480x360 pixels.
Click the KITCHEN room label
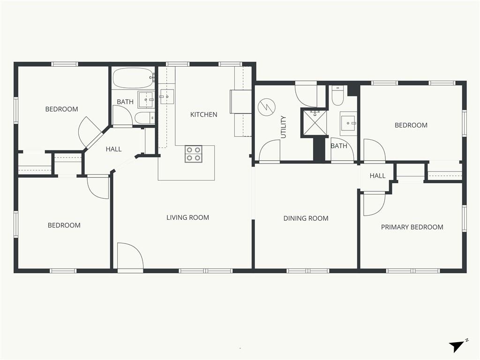pos(203,114)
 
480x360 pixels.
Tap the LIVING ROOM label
pos(187,217)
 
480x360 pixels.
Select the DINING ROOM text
pos(306,218)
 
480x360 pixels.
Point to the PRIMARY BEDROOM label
pos(412,227)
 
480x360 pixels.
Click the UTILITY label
pos(284,127)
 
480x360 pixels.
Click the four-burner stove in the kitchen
pos(194,154)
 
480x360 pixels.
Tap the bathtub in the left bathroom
pos(133,78)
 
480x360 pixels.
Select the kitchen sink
pos(167,97)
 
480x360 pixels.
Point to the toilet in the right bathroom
pos(338,95)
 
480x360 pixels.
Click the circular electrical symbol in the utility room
pos(267,107)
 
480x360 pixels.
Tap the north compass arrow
pos(457,346)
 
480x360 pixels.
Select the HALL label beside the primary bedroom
pos(377,176)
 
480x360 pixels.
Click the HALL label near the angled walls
pos(113,150)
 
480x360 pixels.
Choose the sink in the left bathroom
pos(146,99)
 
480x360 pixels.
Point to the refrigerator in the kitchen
pos(240,102)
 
